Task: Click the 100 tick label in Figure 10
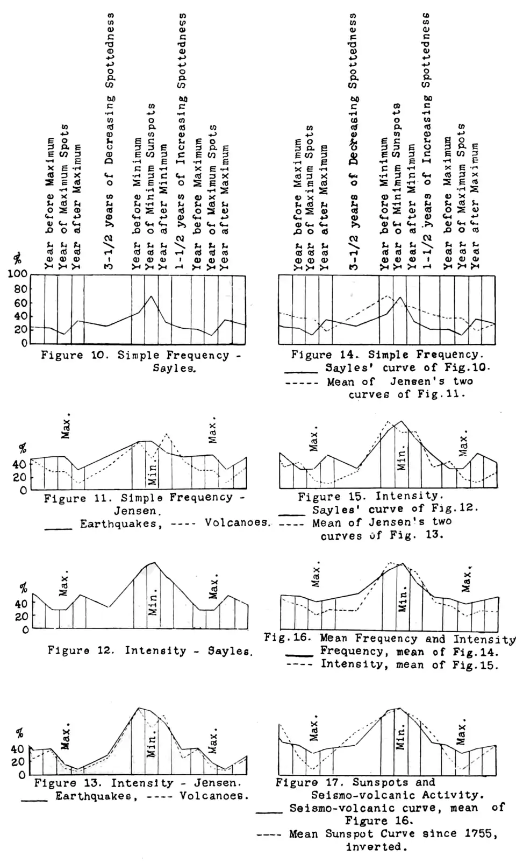(x=17, y=274)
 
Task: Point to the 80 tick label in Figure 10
(x=20, y=289)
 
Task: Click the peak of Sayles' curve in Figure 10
(x=152, y=296)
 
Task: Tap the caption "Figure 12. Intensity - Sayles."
(x=150, y=650)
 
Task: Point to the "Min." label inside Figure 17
(x=401, y=737)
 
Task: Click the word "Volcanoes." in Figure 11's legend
(x=236, y=523)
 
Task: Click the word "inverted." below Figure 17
(x=374, y=847)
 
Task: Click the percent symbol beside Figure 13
(x=20, y=733)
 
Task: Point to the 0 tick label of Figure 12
(x=25, y=630)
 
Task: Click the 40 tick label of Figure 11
(x=19, y=464)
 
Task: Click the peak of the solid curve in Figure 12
(x=154, y=563)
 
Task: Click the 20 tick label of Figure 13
(x=18, y=762)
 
